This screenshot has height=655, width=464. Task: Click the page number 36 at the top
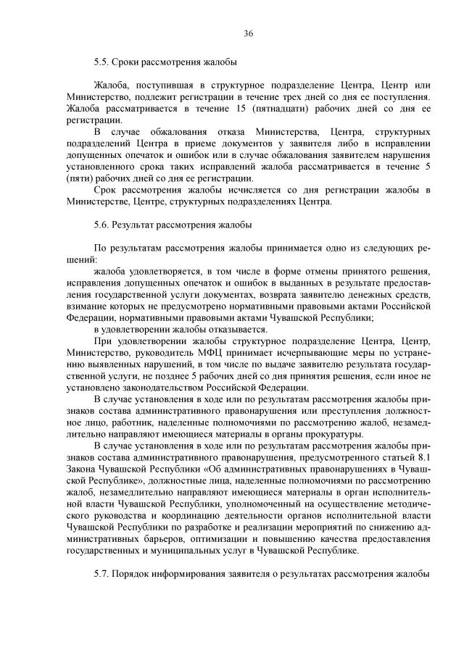pyautogui.click(x=247, y=34)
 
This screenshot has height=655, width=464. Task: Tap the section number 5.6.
pyautogui.click(x=103, y=225)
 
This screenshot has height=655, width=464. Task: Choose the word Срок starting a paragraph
pyautogui.click(x=107, y=190)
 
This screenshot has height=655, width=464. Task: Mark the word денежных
pyautogui.click(x=381, y=295)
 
